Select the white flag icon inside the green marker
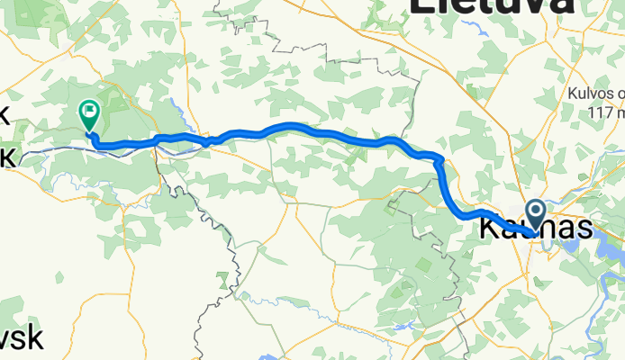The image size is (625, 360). coord(89,113)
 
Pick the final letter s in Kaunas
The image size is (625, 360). coord(584,229)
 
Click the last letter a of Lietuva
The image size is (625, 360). coord(560,5)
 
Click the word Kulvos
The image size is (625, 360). coord(593,93)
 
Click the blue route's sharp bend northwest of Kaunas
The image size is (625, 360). coord(439,161)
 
